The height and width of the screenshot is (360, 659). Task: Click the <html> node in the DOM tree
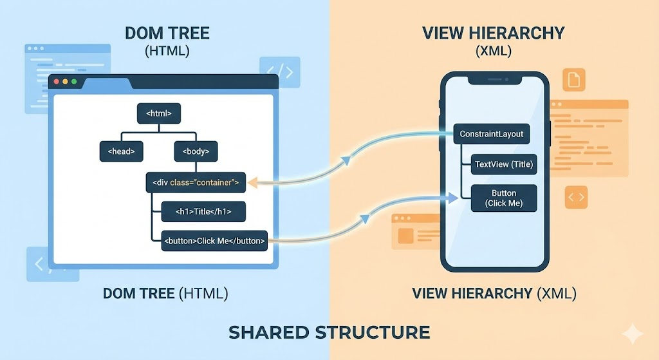(158, 113)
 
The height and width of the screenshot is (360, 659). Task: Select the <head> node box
(121, 151)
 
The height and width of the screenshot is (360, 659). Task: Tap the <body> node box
(196, 151)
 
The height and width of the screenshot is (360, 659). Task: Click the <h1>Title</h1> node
(203, 211)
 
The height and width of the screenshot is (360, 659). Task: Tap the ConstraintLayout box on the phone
(492, 134)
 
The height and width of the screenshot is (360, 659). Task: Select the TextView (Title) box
(503, 164)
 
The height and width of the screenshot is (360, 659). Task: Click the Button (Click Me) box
(504, 198)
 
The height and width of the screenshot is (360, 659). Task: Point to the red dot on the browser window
(56, 82)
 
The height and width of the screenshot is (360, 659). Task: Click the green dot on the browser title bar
(74, 82)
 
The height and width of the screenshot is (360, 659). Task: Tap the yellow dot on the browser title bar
(65, 82)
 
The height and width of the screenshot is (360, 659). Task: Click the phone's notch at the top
(494, 81)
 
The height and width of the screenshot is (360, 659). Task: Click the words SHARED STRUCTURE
(329, 332)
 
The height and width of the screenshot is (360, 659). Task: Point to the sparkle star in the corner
(633, 334)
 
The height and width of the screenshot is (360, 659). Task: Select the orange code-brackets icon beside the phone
(576, 197)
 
